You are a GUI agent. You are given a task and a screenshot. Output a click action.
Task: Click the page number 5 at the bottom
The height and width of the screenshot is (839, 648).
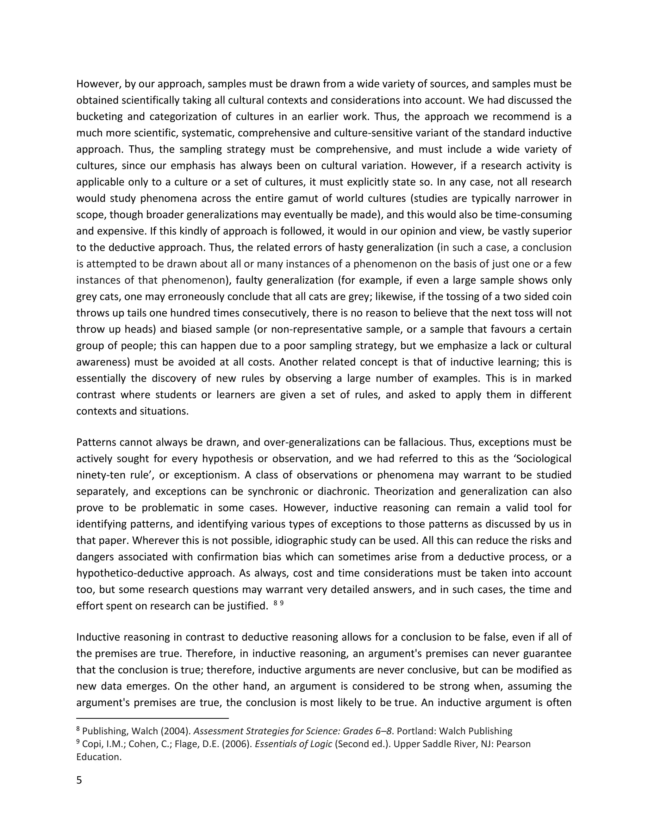click(x=79, y=780)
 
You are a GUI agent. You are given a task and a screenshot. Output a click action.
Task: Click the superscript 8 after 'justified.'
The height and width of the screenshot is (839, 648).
click(x=275, y=603)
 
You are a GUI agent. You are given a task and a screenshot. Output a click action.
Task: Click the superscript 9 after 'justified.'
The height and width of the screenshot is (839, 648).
click(x=282, y=603)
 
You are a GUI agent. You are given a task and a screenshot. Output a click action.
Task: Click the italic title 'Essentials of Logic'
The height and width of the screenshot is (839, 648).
click(x=293, y=744)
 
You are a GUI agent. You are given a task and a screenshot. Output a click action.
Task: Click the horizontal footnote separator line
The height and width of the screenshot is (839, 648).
click(x=153, y=718)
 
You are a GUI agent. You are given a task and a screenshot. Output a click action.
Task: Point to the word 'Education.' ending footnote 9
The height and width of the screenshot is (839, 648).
click(x=99, y=757)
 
